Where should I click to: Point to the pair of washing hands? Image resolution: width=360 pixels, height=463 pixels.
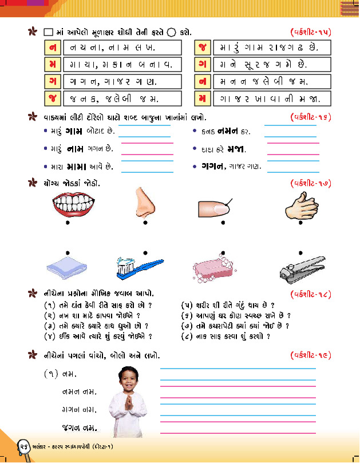tap(297, 204)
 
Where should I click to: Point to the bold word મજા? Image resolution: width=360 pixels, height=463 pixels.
tap(235, 149)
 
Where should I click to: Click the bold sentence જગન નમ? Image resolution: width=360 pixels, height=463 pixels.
tap(78, 428)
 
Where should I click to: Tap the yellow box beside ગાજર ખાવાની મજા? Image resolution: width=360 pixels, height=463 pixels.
tap(202, 98)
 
